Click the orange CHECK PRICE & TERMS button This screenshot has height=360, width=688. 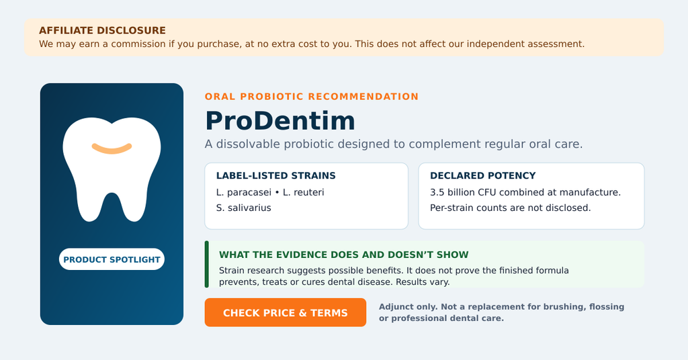click(x=285, y=312)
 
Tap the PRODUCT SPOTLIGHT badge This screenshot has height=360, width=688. click(x=112, y=259)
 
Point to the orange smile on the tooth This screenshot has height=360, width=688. click(x=112, y=148)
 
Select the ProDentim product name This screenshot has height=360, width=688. click(x=280, y=121)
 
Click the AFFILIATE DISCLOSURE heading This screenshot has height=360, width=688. click(x=102, y=30)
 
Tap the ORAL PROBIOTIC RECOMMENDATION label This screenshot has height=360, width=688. click(x=312, y=97)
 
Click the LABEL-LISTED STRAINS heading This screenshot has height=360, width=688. click(x=275, y=175)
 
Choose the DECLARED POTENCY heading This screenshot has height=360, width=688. click(x=482, y=175)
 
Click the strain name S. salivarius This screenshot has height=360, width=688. click(x=243, y=208)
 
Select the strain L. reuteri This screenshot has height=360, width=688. click(x=303, y=192)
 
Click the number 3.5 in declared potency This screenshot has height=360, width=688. click(x=437, y=192)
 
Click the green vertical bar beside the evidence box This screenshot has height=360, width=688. click(x=207, y=264)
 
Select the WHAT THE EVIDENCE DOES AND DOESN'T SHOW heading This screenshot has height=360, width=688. click(x=343, y=255)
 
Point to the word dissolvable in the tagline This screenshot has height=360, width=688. click(x=249, y=144)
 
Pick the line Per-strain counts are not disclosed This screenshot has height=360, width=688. click(x=511, y=208)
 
